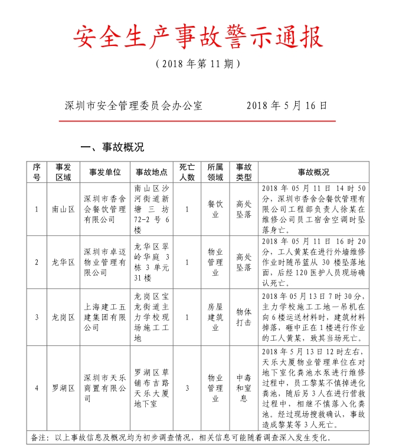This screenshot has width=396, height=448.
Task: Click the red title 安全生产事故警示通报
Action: pyautogui.click(x=198, y=37)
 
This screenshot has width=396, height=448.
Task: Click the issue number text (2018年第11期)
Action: pyautogui.click(x=198, y=64)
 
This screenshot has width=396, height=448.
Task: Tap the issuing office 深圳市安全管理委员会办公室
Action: pyautogui.click(x=133, y=106)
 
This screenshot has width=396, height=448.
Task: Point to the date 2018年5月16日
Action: pyautogui.click(x=286, y=106)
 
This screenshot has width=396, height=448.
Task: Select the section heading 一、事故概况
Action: pyautogui.click(x=112, y=147)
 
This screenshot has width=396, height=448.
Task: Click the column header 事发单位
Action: pyautogui.click(x=105, y=172)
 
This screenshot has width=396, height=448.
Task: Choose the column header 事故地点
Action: pyautogui.click(x=152, y=172)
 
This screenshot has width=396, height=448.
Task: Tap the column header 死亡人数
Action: pyautogui.click(x=187, y=172)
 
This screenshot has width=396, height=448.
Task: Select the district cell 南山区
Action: pyautogui.click(x=63, y=209)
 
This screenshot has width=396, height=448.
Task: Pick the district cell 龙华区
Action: pyautogui.click(x=63, y=262)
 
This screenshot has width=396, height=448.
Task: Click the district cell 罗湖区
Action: pyautogui.click(x=63, y=388)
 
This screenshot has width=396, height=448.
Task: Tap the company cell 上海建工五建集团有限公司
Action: pyautogui.click(x=105, y=317)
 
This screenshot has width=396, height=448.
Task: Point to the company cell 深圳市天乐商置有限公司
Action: pyautogui.click(x=105, y=388)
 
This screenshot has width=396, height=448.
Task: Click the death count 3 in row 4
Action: pyautogui.click(x=187, y=388)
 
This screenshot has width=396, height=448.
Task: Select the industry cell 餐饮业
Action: pyautogui.click(x=215, y=209)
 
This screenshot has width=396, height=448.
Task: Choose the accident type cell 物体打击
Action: pyautogui.click(x=244, y=317)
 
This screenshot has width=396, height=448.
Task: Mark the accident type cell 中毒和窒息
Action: pyautogui.click(x=244, y=388)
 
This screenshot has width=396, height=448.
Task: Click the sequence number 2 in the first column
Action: pyautogui.click(x=37, y=262)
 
